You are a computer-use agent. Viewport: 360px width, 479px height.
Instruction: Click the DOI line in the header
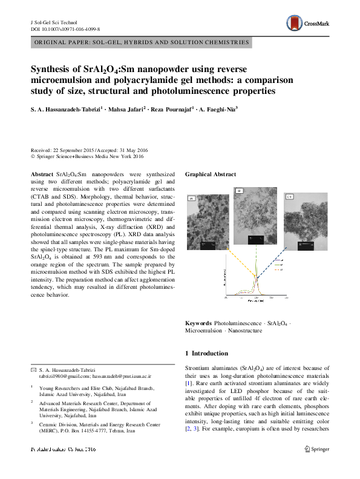65,28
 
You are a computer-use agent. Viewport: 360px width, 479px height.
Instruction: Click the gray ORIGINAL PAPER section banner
140,42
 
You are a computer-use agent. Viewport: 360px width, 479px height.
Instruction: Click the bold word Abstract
42,174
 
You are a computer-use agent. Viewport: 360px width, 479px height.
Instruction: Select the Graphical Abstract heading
211,174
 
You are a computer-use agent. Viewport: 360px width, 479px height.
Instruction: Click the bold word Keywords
198,324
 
